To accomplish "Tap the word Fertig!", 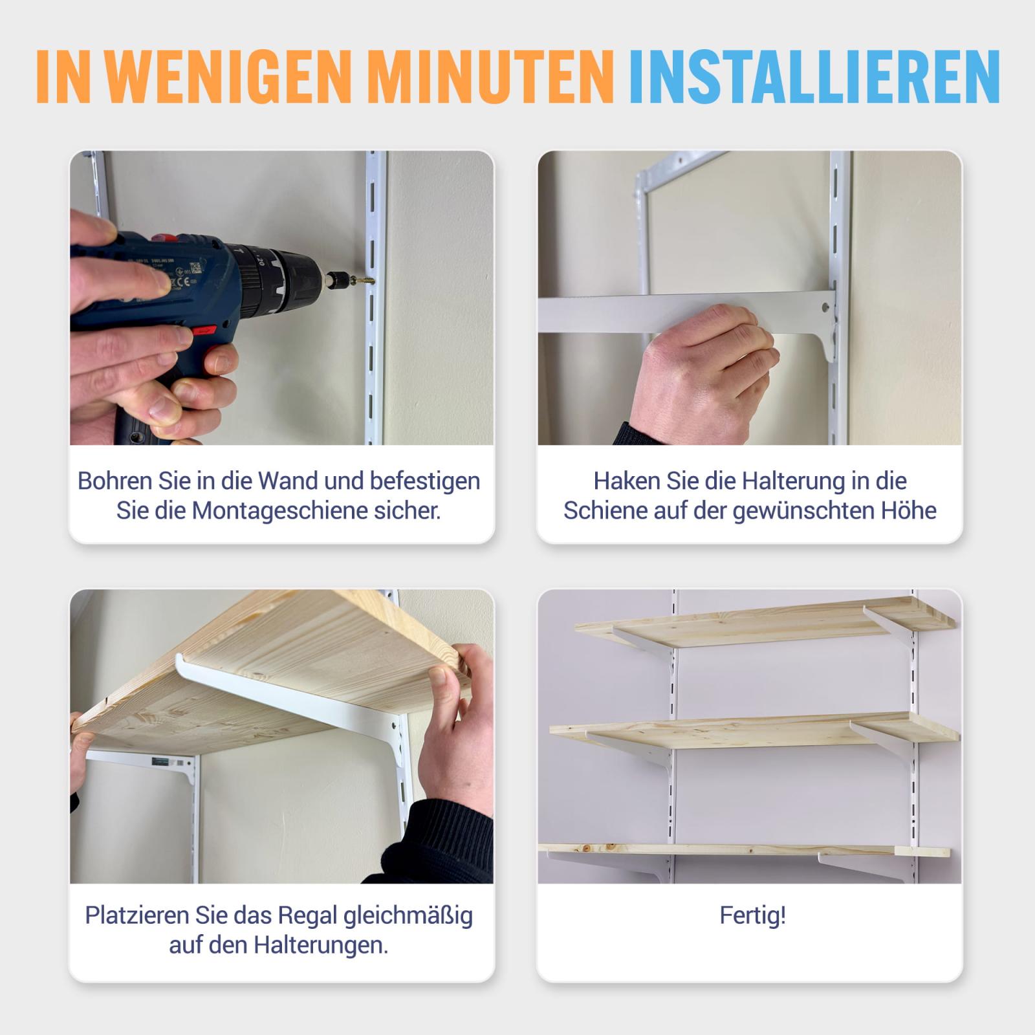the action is click(x=752, y=916).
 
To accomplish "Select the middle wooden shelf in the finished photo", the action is click(x=754, y=730).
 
